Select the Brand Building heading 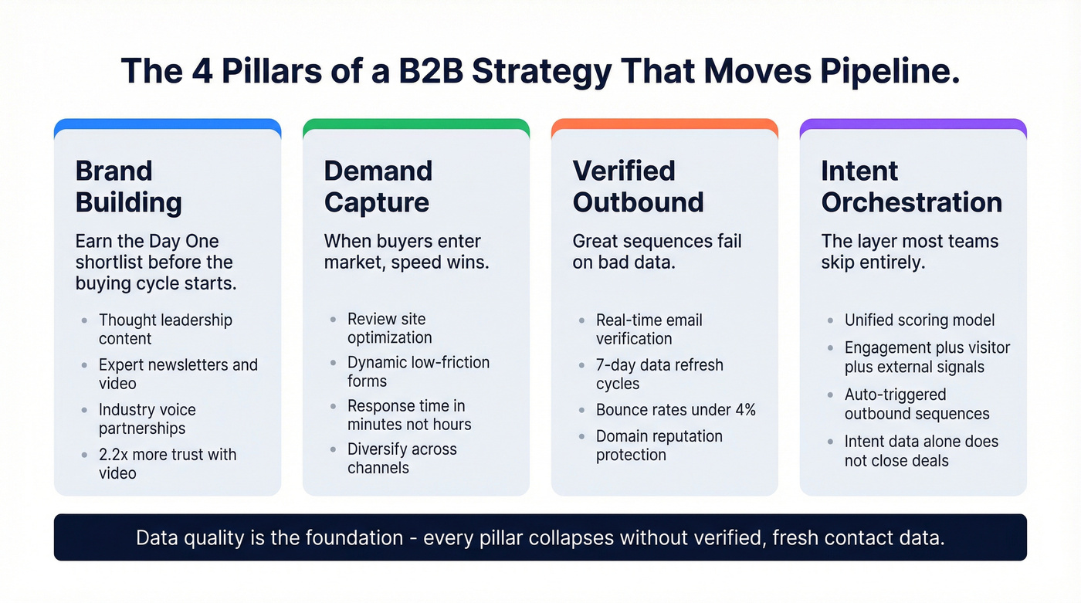[129, 186]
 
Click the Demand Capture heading [378, 186]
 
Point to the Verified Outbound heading [638, 186]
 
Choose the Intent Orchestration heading [911, 186]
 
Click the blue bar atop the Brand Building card [168, 124]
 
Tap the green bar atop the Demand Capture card [416, 124]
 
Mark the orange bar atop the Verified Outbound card [665, 124]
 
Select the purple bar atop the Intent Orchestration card [913, 124]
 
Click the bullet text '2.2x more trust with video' [167, 463]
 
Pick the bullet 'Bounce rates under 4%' [676, 410]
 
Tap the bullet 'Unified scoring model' [920, 320]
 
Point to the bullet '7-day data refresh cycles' [659, 374]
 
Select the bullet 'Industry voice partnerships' [147, 418]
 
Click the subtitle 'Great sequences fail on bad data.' [656, 252]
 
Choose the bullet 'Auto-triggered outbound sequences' [917, 404]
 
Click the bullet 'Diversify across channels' [402, 459]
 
